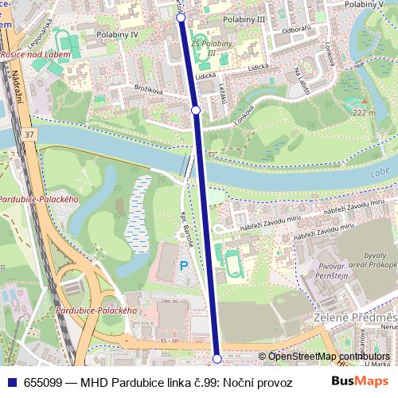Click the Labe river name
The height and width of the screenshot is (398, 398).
click(379, 173)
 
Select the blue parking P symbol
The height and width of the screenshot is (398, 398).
click(184, 266)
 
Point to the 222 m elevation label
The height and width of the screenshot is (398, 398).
click(364, 113)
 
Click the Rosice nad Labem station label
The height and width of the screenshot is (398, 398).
click(35, 54)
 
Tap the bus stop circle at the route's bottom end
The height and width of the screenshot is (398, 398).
click(217, 358)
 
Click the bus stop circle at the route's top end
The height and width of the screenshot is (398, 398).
click(180, 17)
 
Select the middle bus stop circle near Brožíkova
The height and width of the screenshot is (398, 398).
click(196, 110)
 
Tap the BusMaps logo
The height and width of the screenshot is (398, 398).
click(360, 381)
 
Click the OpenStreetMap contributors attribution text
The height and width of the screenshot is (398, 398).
click(328, 357)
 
